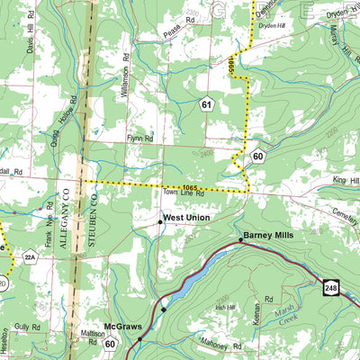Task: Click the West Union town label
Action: [x=188, y=219]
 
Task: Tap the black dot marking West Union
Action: [x=160, y=220]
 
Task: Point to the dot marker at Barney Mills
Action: [x=240, y=239]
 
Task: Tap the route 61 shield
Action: [x=207, y=105]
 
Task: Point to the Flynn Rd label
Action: [x=140, y=139]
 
